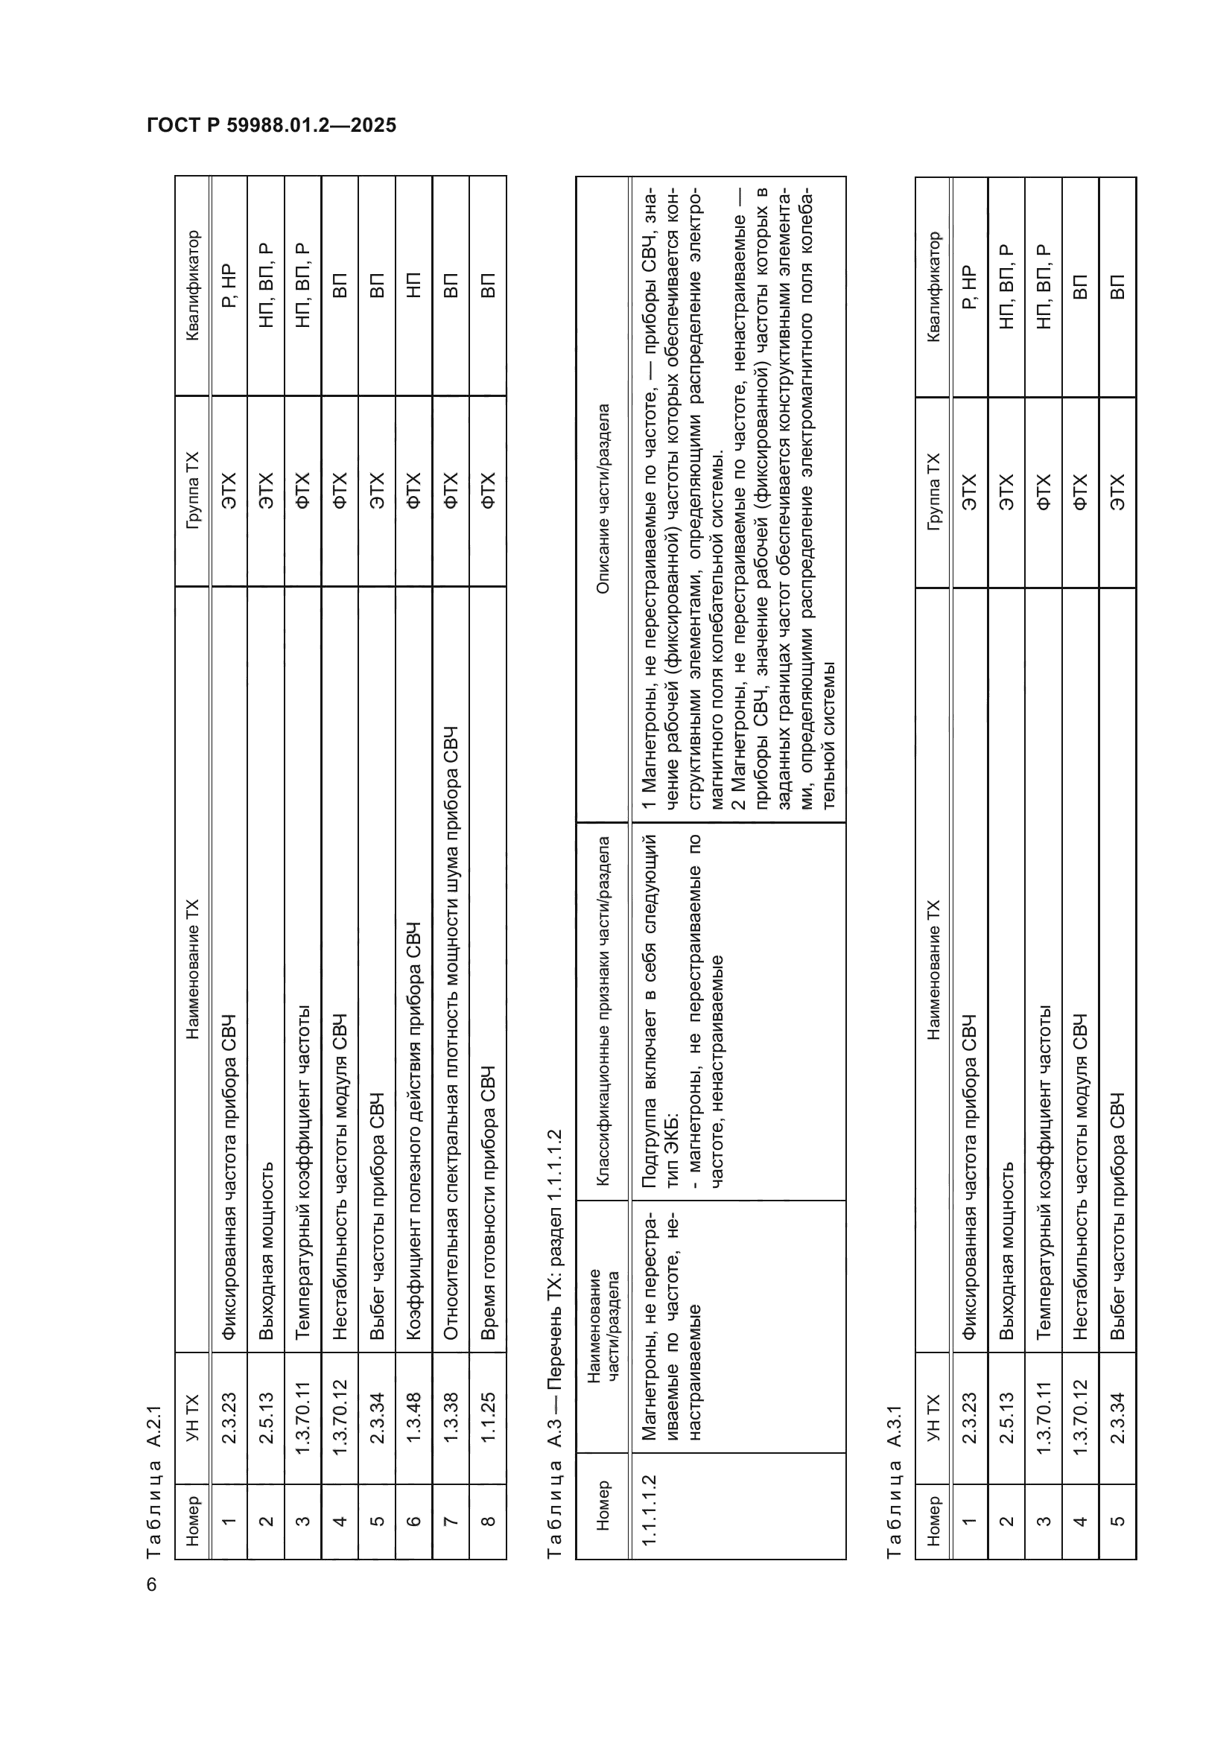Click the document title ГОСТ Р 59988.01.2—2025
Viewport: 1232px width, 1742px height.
pyautogui.click(x=272, y=125)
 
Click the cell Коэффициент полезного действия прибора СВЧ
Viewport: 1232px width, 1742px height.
pyautogui.click(x=413, y=1131)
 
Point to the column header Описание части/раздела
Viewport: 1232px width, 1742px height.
pyautogui.click(x=603, y=498)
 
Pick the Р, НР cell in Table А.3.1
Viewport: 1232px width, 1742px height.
pyautogui.click(x=969, y=287)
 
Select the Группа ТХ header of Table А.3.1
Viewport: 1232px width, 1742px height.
pyautogui.click(x=933, y=492)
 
